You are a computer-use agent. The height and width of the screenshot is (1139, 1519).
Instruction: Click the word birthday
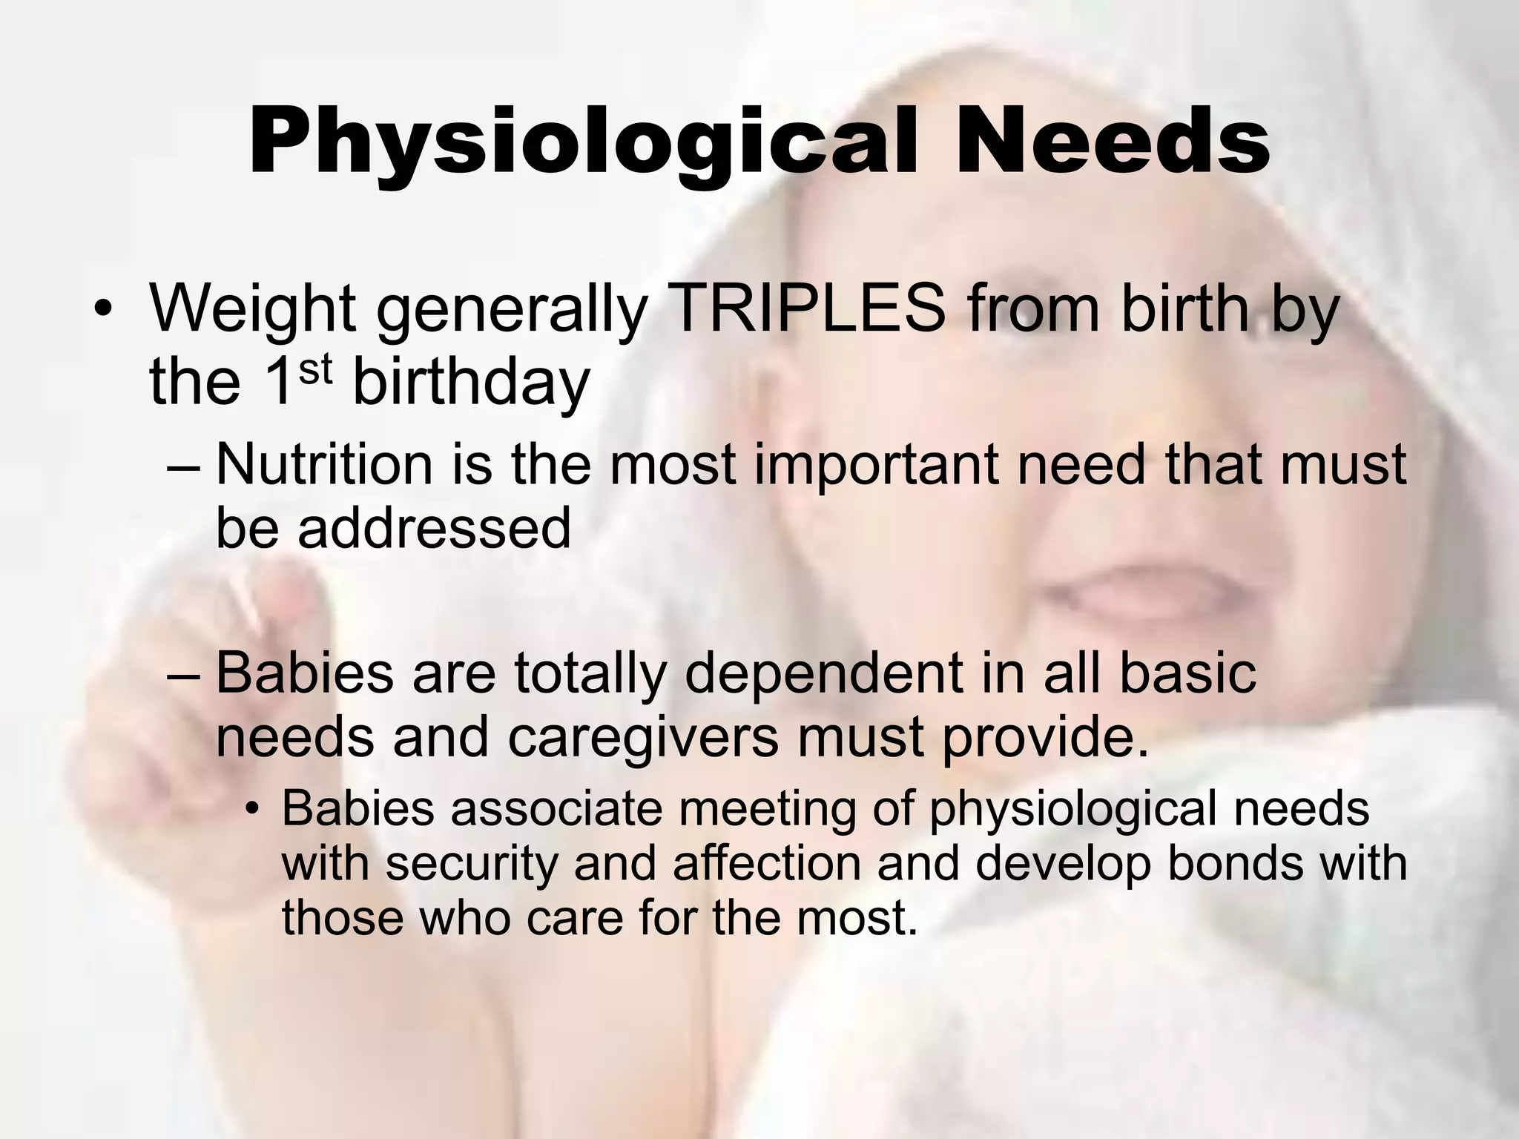[470, 384]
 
